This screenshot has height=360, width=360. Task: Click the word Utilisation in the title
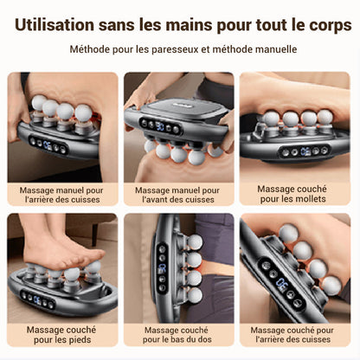point(55,25)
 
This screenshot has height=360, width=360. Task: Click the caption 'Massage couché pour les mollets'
point(292,194)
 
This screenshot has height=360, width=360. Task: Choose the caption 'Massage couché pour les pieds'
point(61,335)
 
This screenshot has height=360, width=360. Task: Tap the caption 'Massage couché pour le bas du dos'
point(177,335)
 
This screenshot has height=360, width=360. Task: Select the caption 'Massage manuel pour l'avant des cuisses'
point(177,195)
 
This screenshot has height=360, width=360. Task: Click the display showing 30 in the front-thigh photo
point(160,126)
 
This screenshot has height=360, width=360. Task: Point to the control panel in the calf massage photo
point(305,151)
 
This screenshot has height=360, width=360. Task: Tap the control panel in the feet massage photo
point(38,300)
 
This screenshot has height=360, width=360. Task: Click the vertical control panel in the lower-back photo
point(162,268)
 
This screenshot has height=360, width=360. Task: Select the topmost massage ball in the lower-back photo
point(195,241)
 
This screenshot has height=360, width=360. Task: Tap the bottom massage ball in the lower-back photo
point(195,295)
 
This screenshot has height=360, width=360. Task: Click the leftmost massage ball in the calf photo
point(271,119)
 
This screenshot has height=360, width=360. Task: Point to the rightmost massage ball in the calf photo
point(325,117)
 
